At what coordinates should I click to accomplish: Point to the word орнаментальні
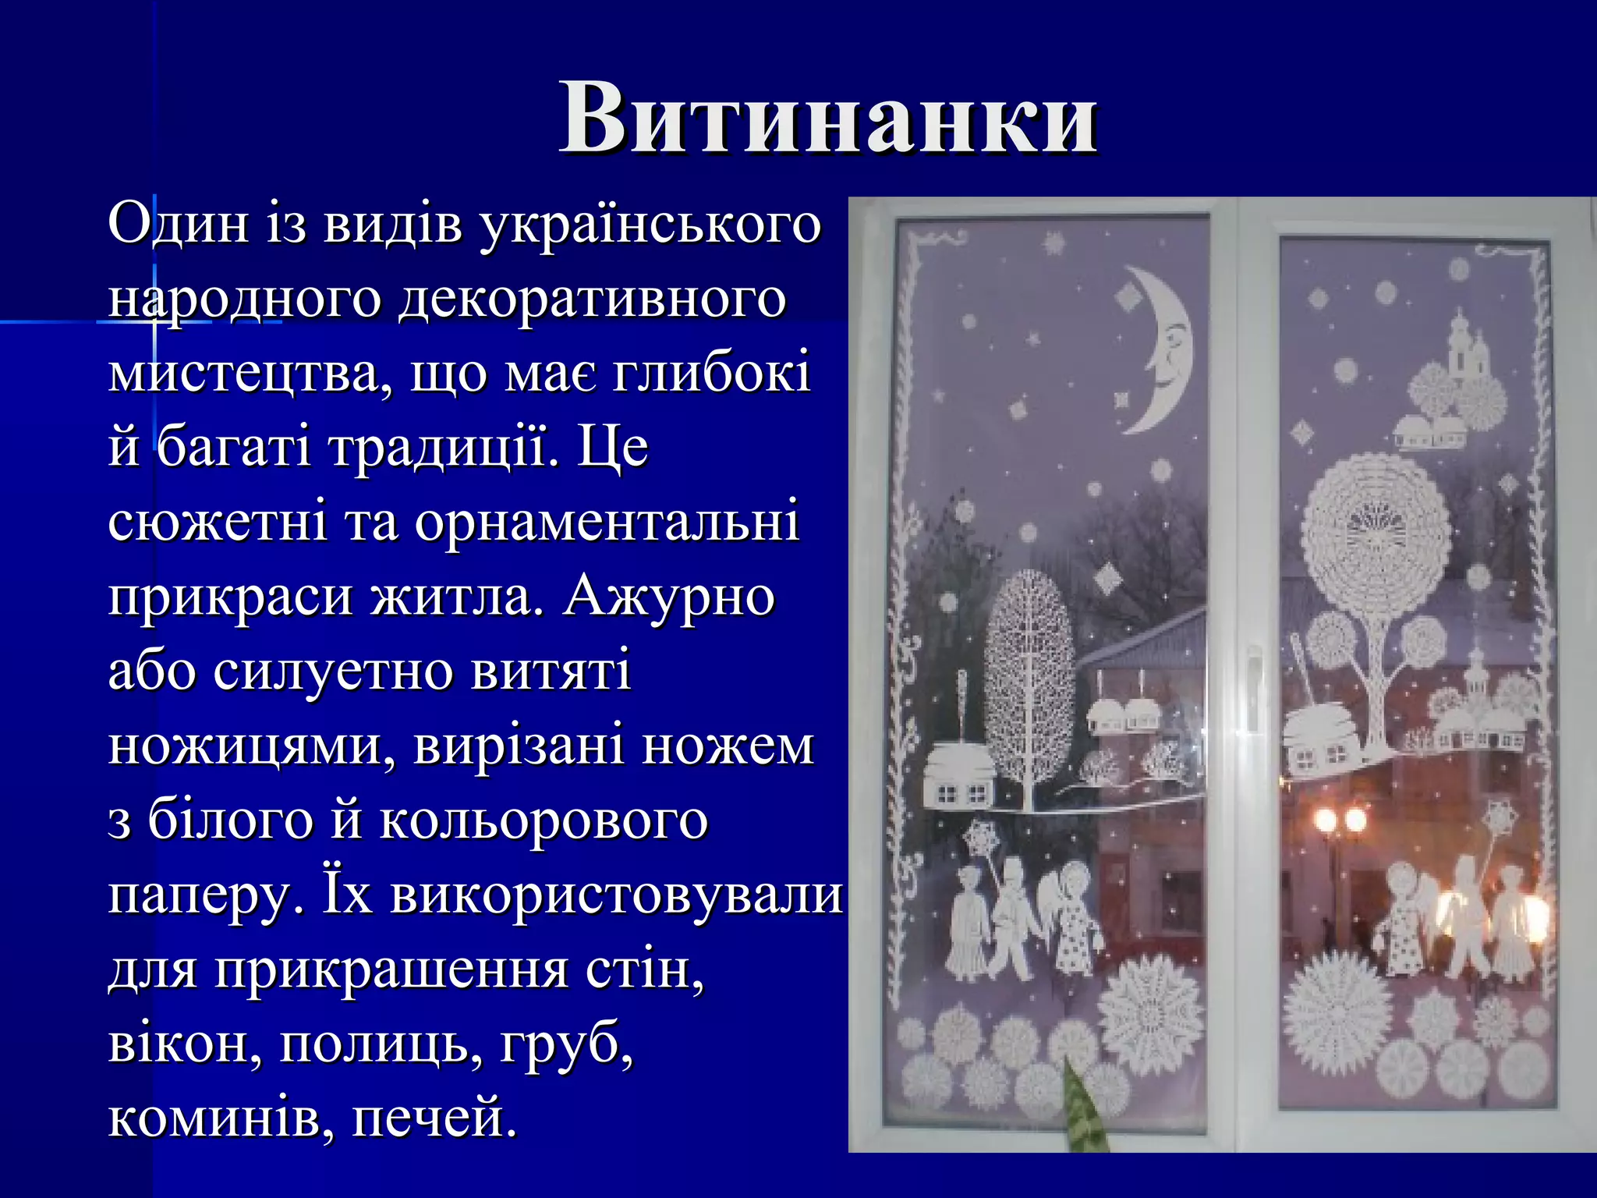[x=607, y=523]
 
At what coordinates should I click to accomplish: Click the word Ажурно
[x=668, y=597]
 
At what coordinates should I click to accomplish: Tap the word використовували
[x=616, y=895]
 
